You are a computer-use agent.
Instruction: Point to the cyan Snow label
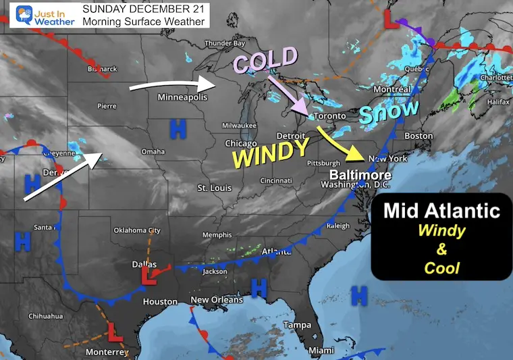click(388, 111)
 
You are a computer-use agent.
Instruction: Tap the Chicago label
click(241, 143)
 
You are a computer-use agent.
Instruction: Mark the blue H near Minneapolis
click(178, 126)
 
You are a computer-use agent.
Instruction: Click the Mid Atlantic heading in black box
click(441, 210)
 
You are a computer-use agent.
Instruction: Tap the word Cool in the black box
click(441, 268)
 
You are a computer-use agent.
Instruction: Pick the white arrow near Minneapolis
click(171, 86)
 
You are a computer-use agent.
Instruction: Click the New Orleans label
click(216, 300)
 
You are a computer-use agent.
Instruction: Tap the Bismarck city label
click(103, 69)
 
